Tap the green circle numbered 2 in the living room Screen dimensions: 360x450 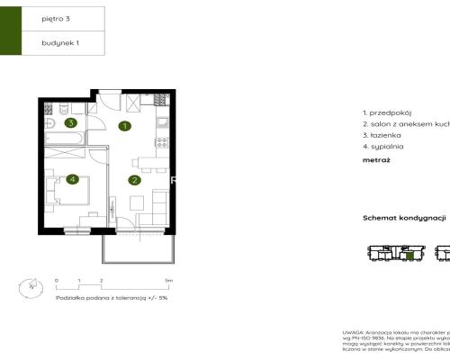tap(134, 179)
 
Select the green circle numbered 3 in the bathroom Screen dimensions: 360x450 tap(69, 123)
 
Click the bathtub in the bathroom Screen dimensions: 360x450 tap(65, 138)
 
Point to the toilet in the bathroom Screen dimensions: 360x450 tap(51, 122)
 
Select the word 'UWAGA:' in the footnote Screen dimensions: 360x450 tap(354, 332)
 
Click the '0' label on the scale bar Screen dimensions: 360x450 tap(56, 281)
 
